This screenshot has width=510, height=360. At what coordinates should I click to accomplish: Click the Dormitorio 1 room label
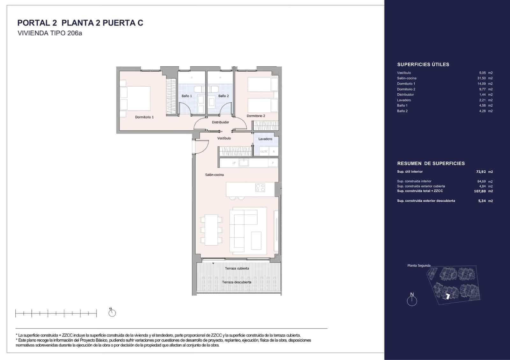[x=144, y=117]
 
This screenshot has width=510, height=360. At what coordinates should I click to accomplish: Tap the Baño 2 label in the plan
[x=223, y=96]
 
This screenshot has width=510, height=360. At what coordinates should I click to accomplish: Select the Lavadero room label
[x=265, y=139]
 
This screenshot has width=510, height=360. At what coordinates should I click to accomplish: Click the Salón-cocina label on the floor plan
[x=214, y=175]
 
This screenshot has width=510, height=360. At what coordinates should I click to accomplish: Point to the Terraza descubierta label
[x=237, y=282]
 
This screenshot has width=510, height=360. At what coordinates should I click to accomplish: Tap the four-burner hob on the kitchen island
[x=260, y=188]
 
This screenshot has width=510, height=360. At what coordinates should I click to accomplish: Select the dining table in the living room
[x=211, y=230]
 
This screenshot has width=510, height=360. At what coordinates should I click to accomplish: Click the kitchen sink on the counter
[x=244, y=163]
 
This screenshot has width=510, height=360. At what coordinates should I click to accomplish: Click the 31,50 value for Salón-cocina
[x=481, y=78]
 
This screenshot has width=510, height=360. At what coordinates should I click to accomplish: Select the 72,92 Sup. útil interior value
[x=481, y=172]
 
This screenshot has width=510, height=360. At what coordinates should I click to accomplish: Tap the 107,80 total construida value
[x=480, y=191]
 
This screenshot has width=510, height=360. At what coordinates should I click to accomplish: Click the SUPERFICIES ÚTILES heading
[x=423, y=65]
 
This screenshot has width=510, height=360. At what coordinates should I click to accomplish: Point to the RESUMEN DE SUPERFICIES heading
[x=431, y=163]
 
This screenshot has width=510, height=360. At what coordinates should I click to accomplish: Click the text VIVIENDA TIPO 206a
[x=50, y=33]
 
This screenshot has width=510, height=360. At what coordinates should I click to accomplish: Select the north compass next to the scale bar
[x=112, y=313]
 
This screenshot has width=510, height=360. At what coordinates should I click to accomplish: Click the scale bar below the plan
[x=56, y=314]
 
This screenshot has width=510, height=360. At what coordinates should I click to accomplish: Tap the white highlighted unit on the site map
[x=448, y=296]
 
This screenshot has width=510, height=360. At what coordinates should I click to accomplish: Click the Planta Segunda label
[x=419, y=265]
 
